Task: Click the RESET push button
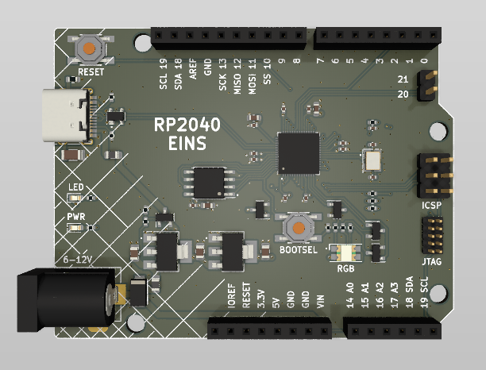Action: (91, 48)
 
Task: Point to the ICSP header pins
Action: (434, 176)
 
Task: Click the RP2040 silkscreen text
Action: (187, 125)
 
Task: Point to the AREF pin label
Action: (193, 77)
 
